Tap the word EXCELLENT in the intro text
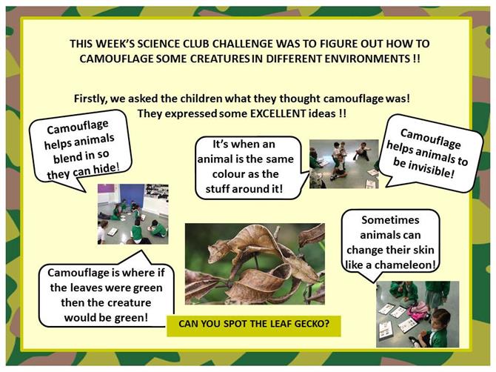pyautogui.click(x=278, y=113)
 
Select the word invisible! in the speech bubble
pyautogui.click(x=423, y=167)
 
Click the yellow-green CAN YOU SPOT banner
pyautogui.click(x=254, y=326)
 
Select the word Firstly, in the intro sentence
pyautogui.click(x=92, y=99)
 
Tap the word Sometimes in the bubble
pyautogui.click(x=390, y=220)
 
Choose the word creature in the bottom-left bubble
pyautogui.click(x=127, y=302)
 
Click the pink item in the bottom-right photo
pyautogui.click(x=418, y=311)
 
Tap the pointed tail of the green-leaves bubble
pyautogui.click(x=141, y=250)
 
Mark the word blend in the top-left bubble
pyautogui.click(x=66, y=158)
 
